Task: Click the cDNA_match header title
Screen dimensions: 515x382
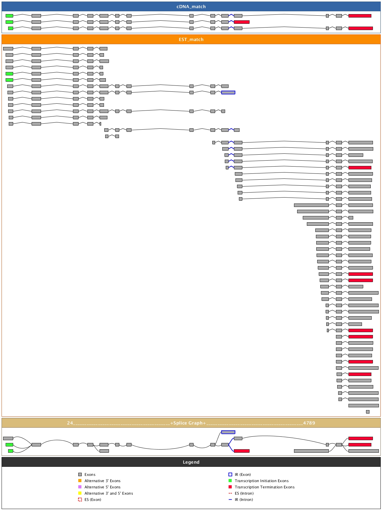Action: click(x=191, y=7)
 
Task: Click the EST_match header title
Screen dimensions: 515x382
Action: click(x=191, y=39)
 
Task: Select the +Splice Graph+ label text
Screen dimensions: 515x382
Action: click(x=188, y=423)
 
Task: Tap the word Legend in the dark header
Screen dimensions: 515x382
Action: click(x=191, y=462)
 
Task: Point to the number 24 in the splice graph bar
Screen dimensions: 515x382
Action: click(x=70, y=423)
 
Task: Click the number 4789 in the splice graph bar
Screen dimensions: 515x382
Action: click(x=309, y=423)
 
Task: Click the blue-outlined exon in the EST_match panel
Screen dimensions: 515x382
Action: click(x=228, y=92)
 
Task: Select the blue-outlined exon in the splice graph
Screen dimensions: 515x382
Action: click(x=228, y=432)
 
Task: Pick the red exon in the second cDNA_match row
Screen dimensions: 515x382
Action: click(x=242, y=22)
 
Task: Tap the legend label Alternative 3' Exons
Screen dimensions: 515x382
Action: click(x=102, y=481)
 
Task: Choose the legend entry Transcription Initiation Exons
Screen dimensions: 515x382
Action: click(x=261, y=481)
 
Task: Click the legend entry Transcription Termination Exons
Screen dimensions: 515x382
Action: click(x=265, y=487)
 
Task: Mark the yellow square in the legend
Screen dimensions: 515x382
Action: click(x=80, y=493)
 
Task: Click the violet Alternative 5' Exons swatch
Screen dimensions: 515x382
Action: click(x=80, y=487)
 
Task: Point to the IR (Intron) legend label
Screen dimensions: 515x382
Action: click(x=244, y=500)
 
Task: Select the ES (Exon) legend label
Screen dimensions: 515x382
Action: click(x=93, y=500)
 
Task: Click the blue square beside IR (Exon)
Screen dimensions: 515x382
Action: click(x=230, y=475)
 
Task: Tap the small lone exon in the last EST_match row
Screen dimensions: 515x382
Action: click(x=368, y=412)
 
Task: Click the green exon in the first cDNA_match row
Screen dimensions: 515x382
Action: click(x=9, y=16)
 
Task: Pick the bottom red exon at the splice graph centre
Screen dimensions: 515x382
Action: click(x=242, y=451)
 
